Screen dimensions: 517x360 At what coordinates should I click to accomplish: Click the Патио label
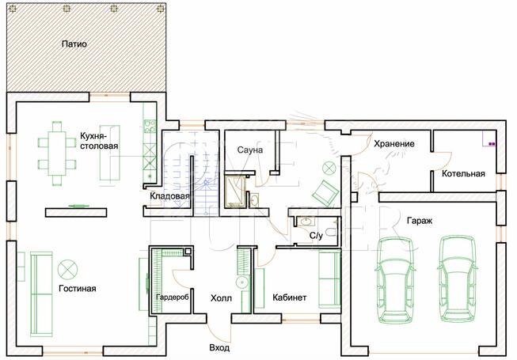[74, 44]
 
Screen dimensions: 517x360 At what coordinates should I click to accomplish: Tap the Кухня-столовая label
[99, 141]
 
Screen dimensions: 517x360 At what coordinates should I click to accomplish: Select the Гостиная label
[78, 289]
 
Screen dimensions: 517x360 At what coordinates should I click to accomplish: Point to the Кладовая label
[169, 196]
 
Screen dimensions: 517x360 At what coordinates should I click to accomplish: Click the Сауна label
[250, 150]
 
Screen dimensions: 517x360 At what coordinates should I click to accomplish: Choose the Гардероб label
[173, 297]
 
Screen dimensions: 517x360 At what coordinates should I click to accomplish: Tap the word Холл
[221, 298]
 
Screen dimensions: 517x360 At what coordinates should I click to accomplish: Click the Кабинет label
[290, 297]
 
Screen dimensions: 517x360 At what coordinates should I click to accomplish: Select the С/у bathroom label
[316, 236]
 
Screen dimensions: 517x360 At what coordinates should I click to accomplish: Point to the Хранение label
[394, 144]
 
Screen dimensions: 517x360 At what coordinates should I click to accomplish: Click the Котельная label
[463, 173]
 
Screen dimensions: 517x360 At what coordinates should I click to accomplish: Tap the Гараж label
[420, 221]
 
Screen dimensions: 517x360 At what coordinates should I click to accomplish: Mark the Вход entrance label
[219, 348]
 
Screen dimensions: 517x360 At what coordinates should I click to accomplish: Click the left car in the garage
[395, 279]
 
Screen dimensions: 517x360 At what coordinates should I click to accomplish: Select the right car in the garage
[457, 279]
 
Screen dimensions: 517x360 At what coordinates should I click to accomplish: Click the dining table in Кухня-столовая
[57, 153]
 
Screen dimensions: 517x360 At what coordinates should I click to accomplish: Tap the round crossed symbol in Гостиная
[67, 270]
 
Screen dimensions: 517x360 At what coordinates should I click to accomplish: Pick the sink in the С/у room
[306, 221]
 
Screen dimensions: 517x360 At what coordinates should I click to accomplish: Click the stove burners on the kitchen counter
[150, 126]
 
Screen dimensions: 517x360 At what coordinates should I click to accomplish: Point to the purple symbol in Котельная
[492, 144]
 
